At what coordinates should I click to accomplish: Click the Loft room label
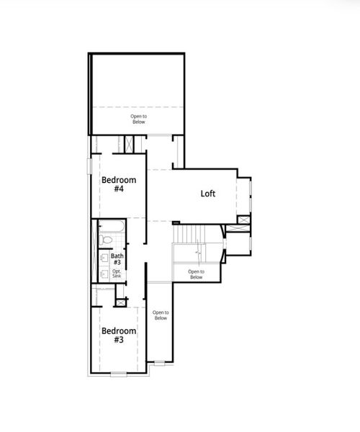[208, 194]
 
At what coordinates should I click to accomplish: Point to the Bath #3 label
[117, 258]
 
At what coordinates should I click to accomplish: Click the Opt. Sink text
[117, 274]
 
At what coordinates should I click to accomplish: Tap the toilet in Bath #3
[105, 240]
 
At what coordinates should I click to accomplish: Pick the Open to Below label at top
[138, 120]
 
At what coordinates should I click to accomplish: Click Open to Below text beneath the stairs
[195, 274]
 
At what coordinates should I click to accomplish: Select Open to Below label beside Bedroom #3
[160, 315]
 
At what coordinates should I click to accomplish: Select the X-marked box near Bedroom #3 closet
[120, 302]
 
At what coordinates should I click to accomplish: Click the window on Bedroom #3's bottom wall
[119, 374]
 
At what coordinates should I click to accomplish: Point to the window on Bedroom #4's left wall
[89, 166]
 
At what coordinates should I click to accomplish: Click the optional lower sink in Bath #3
[104, 273]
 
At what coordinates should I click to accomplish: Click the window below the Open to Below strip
[159, 362]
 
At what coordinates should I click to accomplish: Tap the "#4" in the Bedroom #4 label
[119, 189]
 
